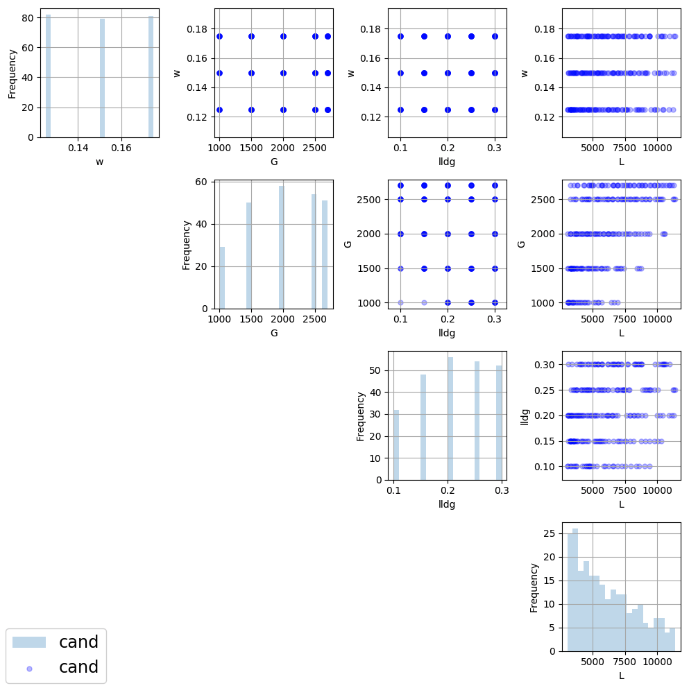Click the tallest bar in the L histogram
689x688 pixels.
[575, 590]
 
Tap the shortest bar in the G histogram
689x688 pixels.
[222, 277]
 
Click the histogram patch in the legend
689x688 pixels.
[29, 642]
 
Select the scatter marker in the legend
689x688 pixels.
[29, 668]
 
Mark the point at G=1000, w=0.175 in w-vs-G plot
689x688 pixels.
[219, 36]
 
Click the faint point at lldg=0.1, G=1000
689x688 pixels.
[400, 302]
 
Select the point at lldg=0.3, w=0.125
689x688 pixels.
[495, 110]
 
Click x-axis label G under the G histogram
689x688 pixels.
[273, 333]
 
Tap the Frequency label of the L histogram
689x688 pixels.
[534, 587]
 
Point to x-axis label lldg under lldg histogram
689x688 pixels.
[447, 504]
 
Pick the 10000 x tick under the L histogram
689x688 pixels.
[657, 662]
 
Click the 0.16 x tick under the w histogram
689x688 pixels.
[121, 148]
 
